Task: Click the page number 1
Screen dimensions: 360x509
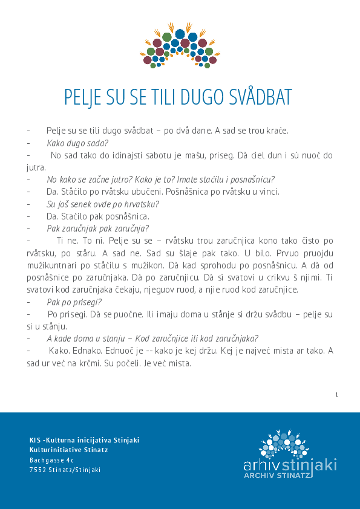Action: (336, 395)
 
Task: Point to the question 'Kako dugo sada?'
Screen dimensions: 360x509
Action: (77, 143)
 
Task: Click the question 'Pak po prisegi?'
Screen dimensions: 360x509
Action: (74, 302)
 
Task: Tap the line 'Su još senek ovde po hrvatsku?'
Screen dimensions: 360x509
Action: (103, 204)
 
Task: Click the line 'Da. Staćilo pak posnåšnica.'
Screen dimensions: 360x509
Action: (97, 216)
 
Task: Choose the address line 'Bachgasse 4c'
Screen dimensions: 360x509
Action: (51, 460)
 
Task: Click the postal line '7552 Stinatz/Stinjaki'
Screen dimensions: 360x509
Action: (65, 470)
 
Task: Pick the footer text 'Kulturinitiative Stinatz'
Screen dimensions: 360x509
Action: (68, 450)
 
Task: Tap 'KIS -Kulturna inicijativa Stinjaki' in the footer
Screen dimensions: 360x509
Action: (84, 439)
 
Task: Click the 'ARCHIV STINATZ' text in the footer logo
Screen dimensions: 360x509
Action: (277, 476)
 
